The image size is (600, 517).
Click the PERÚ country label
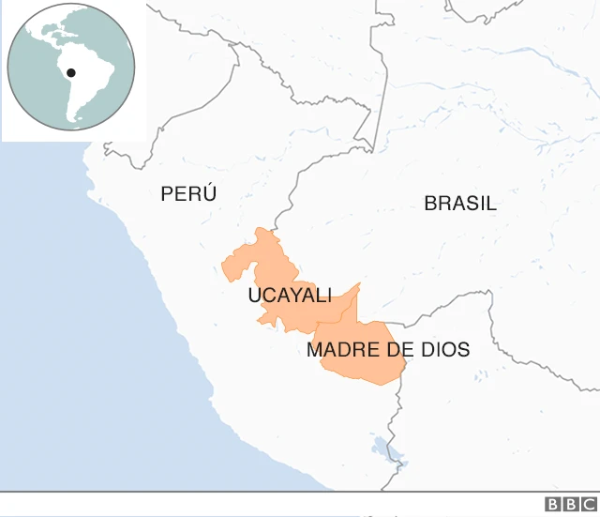(188, 194)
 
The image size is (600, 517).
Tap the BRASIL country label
(459, 203)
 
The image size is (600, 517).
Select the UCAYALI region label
(290, 296)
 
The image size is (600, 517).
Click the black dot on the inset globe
(71, 72)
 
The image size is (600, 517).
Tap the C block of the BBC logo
(587, 504)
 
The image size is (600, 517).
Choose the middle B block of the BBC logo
(569, 504)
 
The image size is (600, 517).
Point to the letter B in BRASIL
(430, 203)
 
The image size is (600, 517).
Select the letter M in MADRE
(315, 350)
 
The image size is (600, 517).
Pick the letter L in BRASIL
(491, 203)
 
